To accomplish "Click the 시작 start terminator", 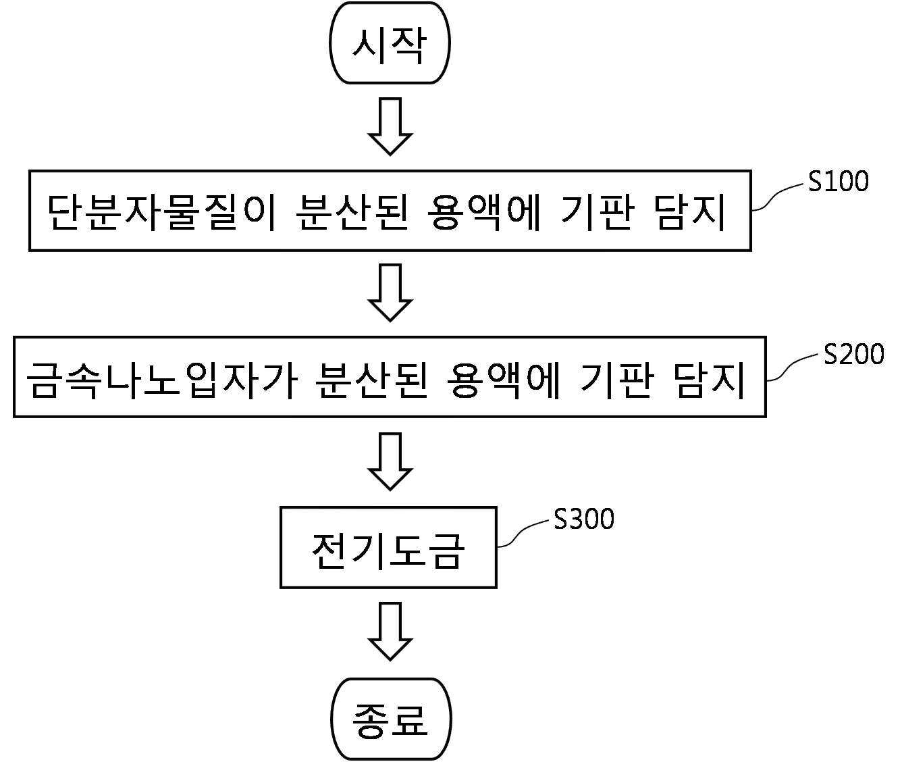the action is (390, 43).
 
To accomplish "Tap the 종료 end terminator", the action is (390, 719).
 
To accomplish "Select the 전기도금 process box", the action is (388, 548).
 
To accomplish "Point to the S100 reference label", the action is (838, 182).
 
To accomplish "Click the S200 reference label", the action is (853, 355).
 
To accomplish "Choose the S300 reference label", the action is (583, 519).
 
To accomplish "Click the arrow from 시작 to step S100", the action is (390, 126).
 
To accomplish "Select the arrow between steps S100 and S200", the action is (390, 293).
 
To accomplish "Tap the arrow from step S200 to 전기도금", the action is (390, 461).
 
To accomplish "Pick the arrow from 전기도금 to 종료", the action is (390, 632).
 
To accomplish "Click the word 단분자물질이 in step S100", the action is (161, 212).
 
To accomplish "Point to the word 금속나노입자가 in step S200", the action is (162, 380).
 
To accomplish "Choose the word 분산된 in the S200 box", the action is (371, 380).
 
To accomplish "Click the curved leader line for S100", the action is (780, 197).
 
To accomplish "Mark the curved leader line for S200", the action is (795, 367).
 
